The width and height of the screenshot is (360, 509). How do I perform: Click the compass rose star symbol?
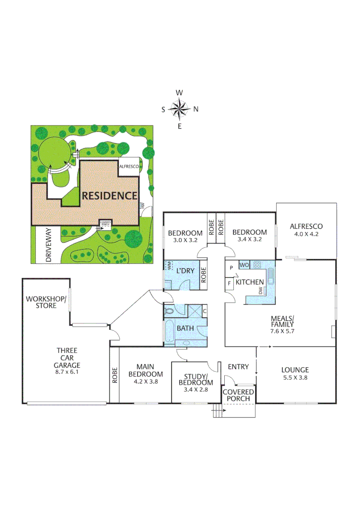click(x=180, y=109)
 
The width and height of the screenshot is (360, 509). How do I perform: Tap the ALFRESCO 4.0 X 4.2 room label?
click(x=306, y=230)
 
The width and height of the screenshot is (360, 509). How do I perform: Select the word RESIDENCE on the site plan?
click(x=110, y=196)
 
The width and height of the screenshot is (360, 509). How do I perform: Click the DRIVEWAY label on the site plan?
click(x=49, y=245)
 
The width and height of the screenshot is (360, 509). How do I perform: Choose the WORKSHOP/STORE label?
click(x=41, y=302)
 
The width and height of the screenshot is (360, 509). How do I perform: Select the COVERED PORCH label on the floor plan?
click(x=238, y=396)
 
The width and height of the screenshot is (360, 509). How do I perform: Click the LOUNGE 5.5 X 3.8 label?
click(x=295, y=373)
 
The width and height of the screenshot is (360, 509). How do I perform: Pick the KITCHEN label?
click(x=250, y=282)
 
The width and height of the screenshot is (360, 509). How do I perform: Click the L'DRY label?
click(x=185, y=272)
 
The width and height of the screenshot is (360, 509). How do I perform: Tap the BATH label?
click(x=183, y=328)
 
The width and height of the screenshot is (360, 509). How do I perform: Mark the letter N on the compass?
click(x=196, y=109)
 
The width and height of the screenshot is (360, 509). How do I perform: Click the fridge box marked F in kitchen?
click(x=229, y=284)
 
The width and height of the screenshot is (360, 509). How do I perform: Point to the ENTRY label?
click(x=238, y=367)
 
